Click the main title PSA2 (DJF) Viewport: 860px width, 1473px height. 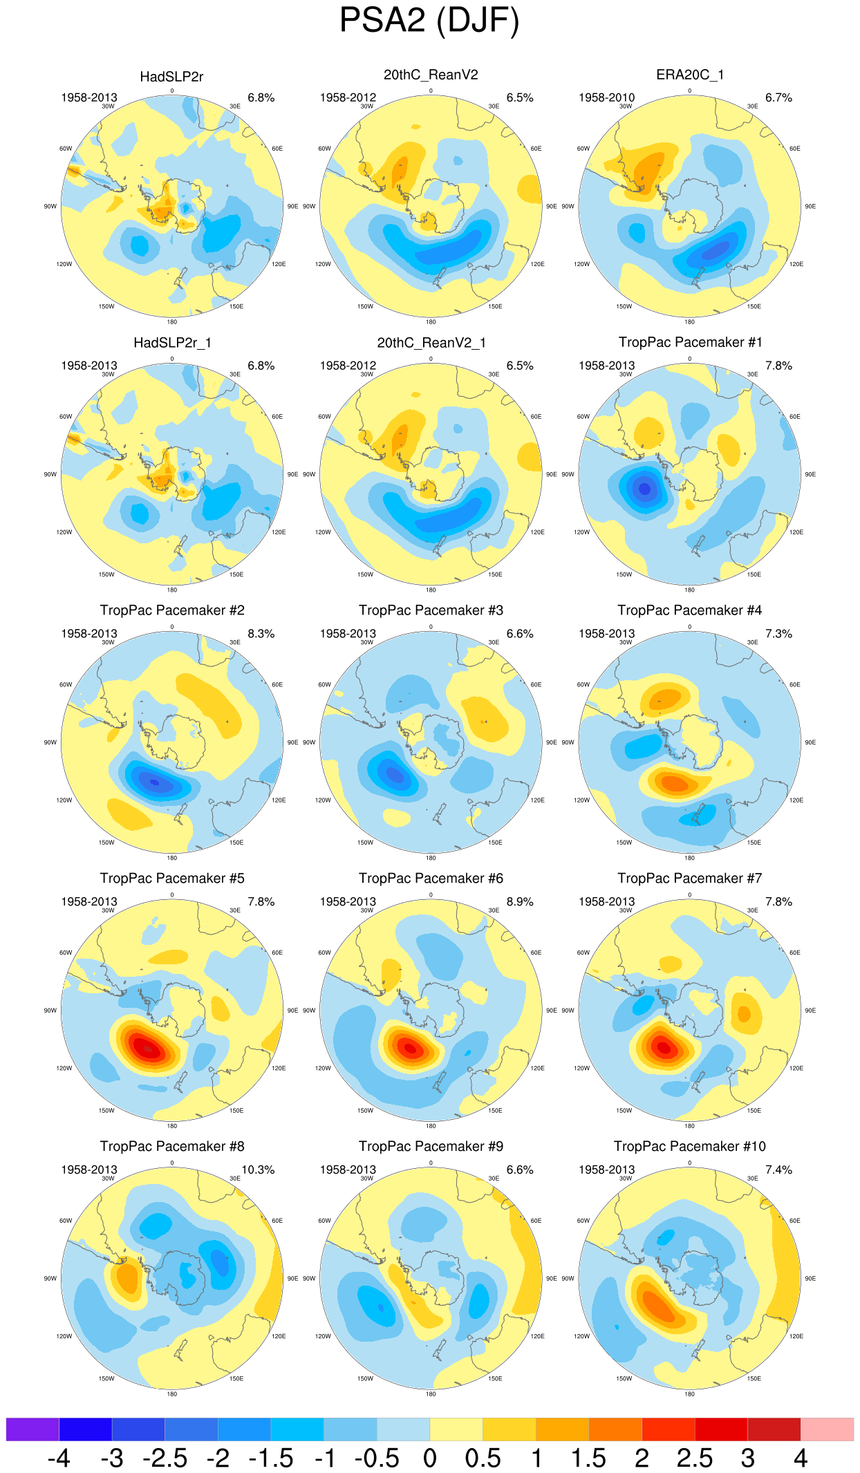coord(429,21)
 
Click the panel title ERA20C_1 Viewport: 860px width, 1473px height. coord(689,75)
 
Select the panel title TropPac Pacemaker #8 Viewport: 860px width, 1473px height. coord(172,1146)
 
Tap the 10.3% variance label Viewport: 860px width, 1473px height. coord(258,1170)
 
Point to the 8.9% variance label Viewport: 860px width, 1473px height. coord(520,901)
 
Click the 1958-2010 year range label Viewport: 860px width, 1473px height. coord(606,97)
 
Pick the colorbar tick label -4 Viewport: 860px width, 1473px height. coord(59,1458)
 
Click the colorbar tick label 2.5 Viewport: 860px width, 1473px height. coord(694,1458)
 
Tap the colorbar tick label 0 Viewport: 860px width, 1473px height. coord(429,1458)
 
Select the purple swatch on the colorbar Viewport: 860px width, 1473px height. coord(32,1429)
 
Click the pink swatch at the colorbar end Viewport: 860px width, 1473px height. coord(827,1429)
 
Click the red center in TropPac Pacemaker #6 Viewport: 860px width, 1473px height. coord(411,1048)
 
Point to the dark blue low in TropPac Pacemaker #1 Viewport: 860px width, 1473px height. coord(644,489)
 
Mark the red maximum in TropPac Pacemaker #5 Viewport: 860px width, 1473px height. coord(147,1048)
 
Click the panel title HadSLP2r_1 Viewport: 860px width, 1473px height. coord(172,343)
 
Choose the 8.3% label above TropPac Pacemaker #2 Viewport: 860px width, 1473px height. coord(261,633)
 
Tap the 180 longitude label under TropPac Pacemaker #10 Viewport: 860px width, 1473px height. coord(689,1394)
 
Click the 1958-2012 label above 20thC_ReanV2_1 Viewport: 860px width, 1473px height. coord(348,366)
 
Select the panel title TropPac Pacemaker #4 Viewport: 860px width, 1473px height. coord(689,610)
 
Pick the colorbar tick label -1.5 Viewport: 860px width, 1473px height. coord(270,1458)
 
